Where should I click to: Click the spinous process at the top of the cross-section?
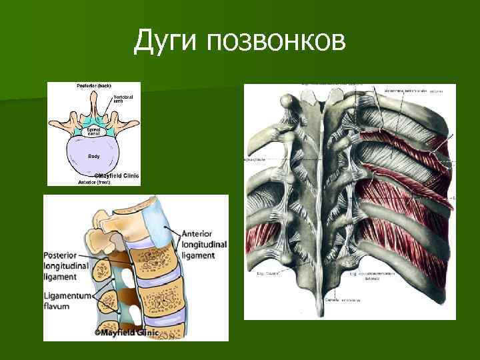(x=94, y=100)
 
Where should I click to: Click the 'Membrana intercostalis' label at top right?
(x=407, y=91)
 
